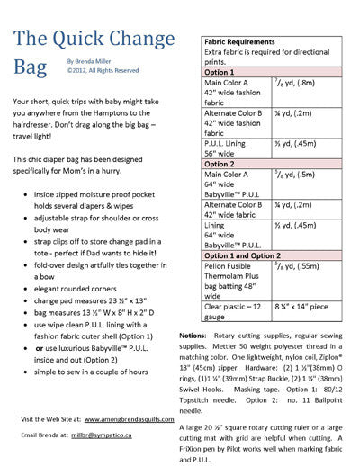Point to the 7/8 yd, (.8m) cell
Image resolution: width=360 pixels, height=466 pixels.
(301, 90)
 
